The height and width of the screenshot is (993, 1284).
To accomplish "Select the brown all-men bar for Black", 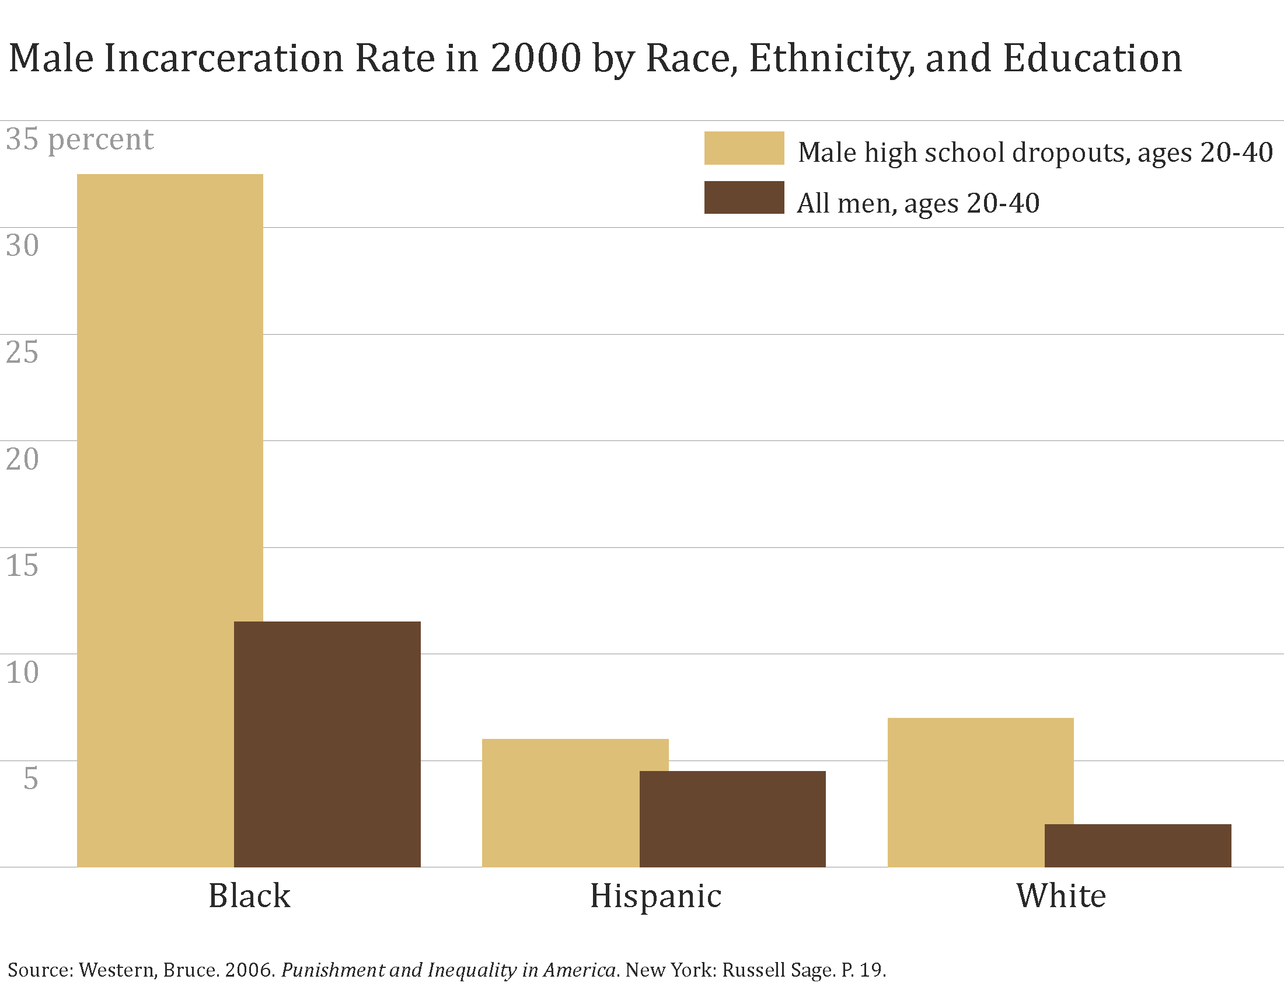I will (327, 744).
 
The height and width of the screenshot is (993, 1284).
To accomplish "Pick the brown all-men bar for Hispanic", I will (732, 819).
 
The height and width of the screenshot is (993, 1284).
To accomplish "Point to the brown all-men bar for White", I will (1138, 845).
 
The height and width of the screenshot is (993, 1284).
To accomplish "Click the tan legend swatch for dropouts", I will (744, 148).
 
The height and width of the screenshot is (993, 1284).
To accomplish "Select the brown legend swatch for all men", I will (744, 197).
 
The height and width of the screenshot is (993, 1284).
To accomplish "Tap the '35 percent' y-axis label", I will (79, 140).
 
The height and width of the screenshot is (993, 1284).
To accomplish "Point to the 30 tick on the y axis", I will (22, 245).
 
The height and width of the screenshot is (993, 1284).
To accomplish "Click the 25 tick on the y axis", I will (22, 352).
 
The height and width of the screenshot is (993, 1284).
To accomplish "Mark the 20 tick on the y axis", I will (22, 459).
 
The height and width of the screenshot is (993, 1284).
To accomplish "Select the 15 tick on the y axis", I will (22, 565).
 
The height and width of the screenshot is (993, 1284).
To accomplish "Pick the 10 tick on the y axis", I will (22, 672).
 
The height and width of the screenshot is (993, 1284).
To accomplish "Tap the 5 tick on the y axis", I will (30, 778).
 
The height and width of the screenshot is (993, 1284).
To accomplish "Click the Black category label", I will (249, 896).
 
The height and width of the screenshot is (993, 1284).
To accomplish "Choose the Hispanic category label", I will (655, 896).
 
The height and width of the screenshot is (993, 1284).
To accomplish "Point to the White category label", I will (1061, 896).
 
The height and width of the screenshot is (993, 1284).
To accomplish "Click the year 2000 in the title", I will (536, 58).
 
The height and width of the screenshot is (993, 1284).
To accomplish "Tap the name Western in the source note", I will (117, 970).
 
